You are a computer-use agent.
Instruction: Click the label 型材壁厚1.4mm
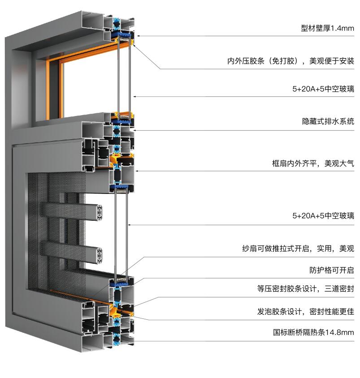327,28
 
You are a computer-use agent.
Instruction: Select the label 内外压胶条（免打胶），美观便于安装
291,61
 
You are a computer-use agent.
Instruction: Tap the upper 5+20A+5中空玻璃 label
323,89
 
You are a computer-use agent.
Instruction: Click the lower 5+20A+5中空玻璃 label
323,215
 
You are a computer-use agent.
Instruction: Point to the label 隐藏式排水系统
328,121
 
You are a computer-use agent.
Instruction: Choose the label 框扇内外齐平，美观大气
313,163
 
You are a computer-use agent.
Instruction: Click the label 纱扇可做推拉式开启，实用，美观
298,248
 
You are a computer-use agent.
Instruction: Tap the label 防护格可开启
332,270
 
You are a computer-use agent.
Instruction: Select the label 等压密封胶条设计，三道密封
306,288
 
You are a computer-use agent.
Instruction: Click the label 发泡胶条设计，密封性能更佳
306,311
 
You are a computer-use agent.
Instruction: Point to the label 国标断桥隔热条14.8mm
314,332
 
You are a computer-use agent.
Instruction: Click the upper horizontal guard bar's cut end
100,212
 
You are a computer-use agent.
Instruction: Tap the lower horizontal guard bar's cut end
100,255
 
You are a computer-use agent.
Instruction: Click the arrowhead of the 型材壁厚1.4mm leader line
138,36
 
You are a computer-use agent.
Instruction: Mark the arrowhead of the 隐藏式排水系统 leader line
134,130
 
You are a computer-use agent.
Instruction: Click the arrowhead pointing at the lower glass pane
129,225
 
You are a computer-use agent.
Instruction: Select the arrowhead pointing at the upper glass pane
134,96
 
